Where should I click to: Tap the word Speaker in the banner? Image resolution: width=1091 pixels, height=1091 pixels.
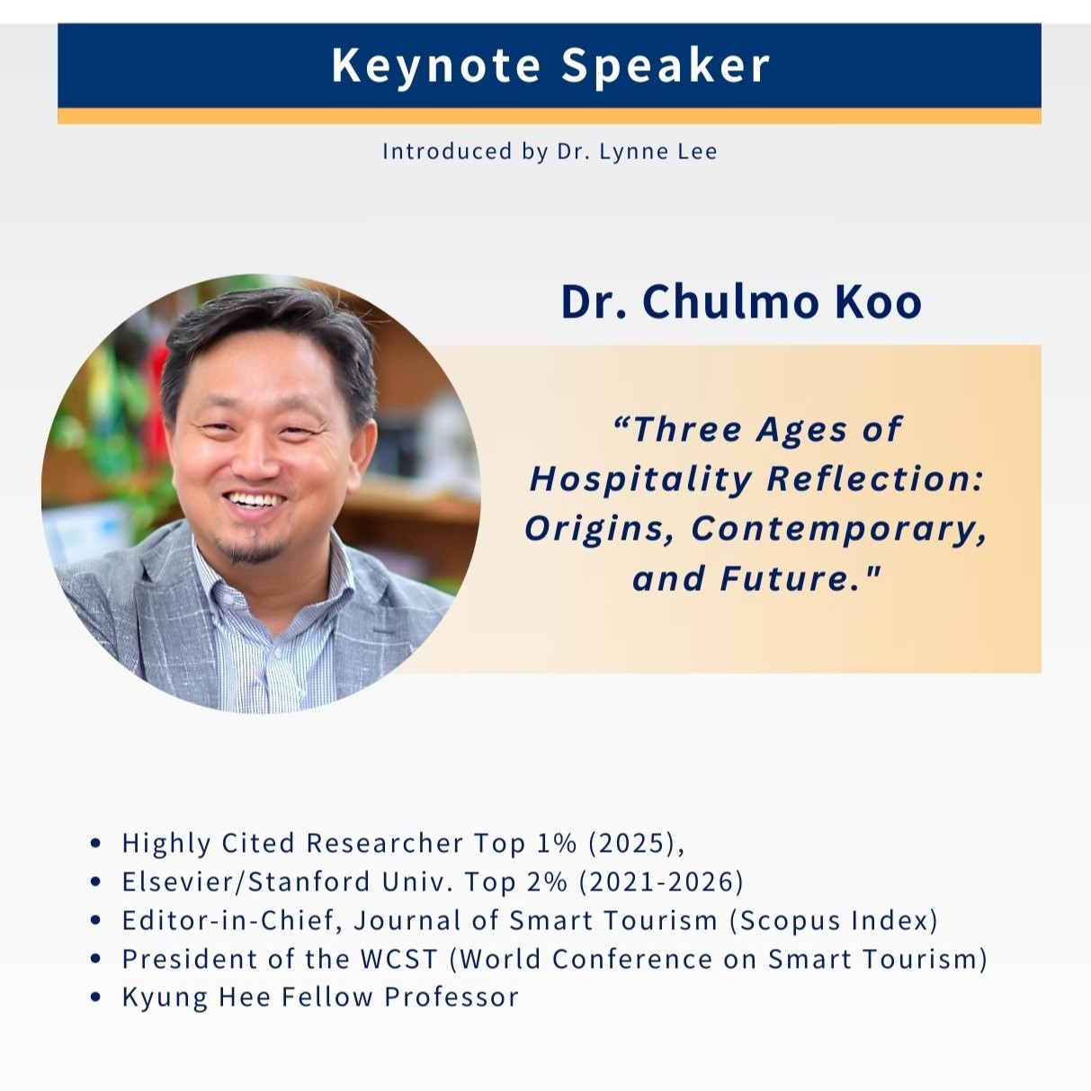point(666,67)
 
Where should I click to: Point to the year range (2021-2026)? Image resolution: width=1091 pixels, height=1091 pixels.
point(661,881)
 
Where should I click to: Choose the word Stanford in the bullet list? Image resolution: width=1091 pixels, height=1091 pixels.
point(309,881)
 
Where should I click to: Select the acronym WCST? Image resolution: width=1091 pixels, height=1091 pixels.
point(399,959)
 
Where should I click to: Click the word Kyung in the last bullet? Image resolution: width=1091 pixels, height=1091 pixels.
point(165,998)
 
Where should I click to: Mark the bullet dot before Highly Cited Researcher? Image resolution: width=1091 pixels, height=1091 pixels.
point(95,843)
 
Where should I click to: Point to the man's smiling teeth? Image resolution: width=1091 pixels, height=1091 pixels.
point(253,500)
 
